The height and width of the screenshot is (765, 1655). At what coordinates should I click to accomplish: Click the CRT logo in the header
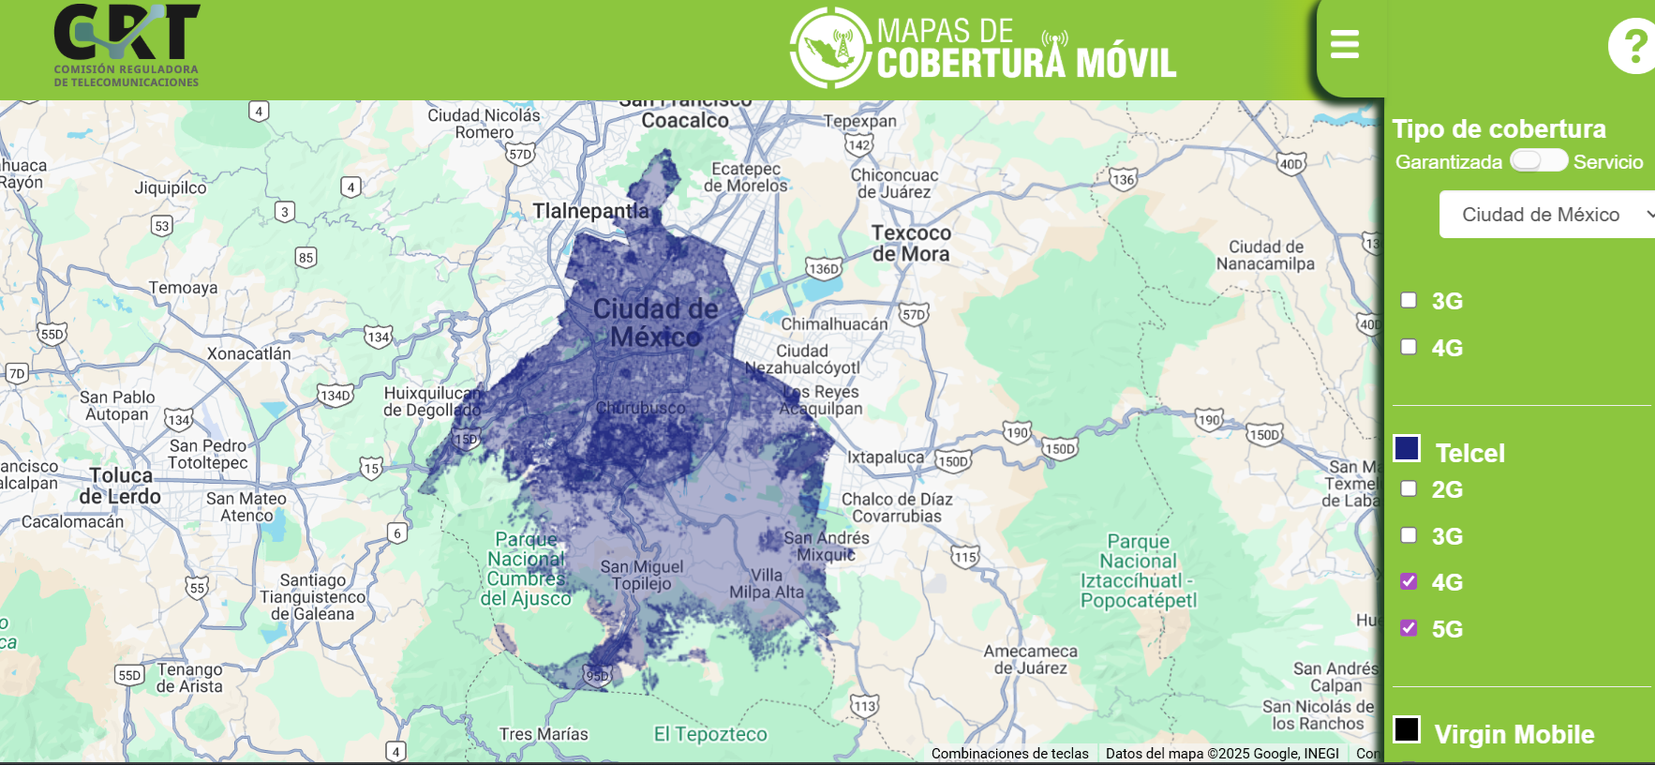tap(127, 45)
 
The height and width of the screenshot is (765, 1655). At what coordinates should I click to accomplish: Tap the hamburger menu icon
tap(1345, 44)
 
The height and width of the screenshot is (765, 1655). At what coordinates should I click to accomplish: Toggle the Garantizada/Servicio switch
tap(1538, 160)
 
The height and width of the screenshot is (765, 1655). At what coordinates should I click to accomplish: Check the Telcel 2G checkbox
tap(1409, 488)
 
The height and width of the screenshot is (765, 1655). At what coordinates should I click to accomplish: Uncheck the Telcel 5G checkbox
tap(1409, 628)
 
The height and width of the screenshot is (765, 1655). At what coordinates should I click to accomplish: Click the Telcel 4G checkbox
tap(1409, 581)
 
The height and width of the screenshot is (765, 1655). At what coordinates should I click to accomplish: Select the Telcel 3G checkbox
tap(1409, 535)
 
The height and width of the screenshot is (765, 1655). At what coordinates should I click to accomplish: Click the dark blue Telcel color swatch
tap(1407, 449)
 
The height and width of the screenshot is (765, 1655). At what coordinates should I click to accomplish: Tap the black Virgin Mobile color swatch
tap(1407, 729)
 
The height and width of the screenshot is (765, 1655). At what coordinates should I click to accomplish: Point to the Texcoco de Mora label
tap(911, 244)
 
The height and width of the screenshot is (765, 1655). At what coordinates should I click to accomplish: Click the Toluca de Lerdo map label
tap(120, 486)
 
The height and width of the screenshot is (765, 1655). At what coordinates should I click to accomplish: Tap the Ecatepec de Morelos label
tap(746, 177)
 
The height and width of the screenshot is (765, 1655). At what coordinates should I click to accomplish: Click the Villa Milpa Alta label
tap(767, 583)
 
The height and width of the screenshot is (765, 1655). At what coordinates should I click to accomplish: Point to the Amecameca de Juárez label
tap(1030, 659)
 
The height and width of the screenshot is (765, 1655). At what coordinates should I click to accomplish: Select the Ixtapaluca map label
tap(886, 457)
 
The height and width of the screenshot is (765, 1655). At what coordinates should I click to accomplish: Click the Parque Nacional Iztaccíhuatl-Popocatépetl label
tap(1139, 571)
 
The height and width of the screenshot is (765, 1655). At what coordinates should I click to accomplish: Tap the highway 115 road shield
tap(965, 557)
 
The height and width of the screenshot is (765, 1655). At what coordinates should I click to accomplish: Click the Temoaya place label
tap(183, 288)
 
